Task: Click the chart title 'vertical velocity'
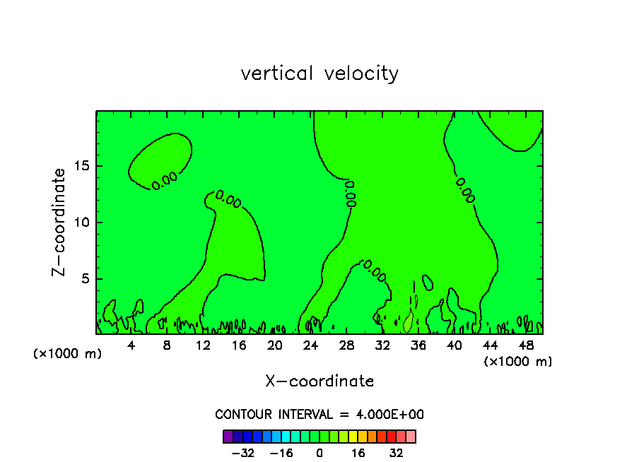pos(319,73)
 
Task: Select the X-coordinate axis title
pos(319,381)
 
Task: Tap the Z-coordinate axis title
pos(60,222)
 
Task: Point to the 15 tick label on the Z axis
pos(82,167)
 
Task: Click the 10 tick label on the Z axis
pos(82,223)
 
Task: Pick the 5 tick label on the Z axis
pos(85,279)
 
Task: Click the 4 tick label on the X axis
pos(131,345)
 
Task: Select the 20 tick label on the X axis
pos(275,345)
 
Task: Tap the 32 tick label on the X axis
pos(382,345)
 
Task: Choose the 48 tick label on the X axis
pos(526,345)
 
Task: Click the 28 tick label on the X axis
pos(346,345)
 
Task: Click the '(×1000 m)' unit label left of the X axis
pos(68,353)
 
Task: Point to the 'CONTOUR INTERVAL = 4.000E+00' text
pos(319,414)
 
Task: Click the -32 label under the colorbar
pos(242,453)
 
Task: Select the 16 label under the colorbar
pos(358,453)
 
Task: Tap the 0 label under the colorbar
pos(319,453)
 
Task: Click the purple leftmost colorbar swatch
pos(228,436)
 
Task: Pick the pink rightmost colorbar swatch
pos(411,436)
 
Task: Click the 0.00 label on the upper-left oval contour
pos(165,180)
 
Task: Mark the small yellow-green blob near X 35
pos(408,323)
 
